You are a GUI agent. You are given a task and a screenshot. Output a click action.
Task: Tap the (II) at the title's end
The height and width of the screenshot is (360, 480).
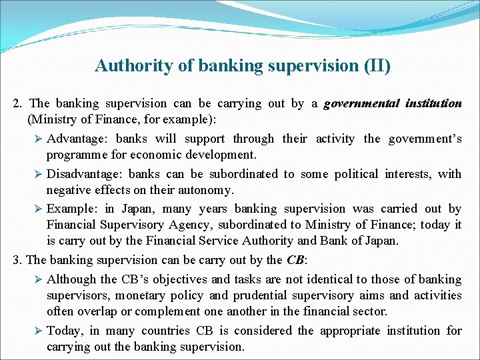point(376,66)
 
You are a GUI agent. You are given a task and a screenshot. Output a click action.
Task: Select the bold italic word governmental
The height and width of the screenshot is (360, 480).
point(360,103)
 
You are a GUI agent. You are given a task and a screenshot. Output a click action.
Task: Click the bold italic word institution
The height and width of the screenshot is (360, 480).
point(432,103)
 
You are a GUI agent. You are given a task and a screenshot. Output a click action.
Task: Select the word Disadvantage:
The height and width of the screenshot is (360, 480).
point(85,174)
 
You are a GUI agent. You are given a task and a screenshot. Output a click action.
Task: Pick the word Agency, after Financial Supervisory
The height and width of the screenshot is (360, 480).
point(181,225)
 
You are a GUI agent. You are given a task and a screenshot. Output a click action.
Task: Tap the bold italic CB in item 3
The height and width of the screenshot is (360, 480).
point(294,260)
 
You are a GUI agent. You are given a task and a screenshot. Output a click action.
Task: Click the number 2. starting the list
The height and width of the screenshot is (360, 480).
point(18,103)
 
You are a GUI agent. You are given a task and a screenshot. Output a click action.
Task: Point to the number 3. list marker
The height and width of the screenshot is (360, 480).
point(17,260)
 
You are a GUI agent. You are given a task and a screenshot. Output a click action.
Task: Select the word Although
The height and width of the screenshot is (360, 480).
point(71,279)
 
